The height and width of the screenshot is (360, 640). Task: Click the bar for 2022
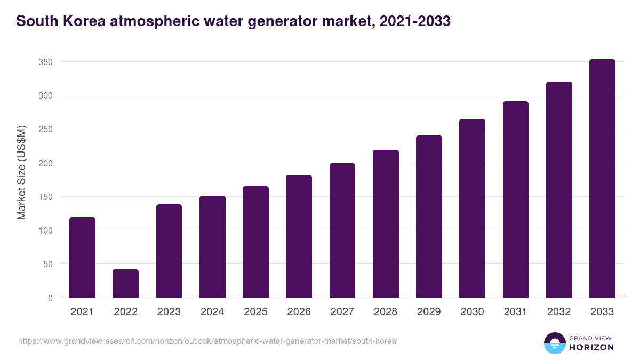point(125,284)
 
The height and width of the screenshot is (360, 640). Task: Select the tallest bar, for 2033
point(602,179)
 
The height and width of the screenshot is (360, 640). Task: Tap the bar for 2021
point(82,258)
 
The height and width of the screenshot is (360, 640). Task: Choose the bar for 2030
point(472,209)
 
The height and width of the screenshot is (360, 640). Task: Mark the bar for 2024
point(212,247)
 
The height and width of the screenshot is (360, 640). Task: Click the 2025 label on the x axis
point(255,312)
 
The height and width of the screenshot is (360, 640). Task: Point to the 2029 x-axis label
point(429,312)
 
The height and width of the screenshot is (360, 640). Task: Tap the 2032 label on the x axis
point(559,312)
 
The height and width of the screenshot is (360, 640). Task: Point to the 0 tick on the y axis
point(50,298)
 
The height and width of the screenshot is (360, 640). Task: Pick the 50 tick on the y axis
point(47,264)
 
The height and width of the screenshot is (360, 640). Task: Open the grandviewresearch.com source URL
point(207,341)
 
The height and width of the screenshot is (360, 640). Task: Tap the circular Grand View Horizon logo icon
point(554,343)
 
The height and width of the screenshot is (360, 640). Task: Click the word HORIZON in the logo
point(591,347)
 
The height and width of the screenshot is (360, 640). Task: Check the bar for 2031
point(515,199)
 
